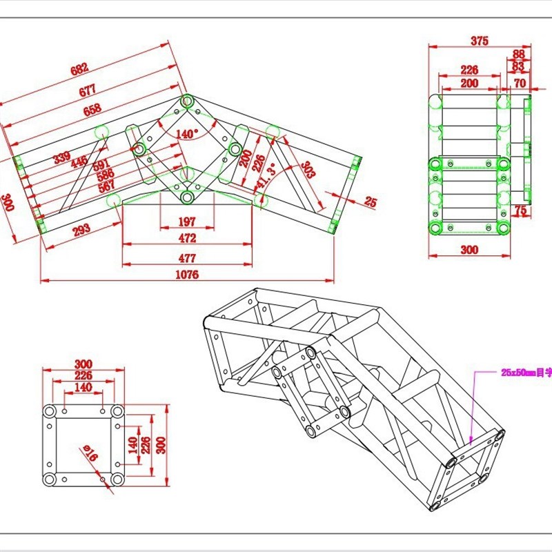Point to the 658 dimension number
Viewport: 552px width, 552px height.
coord(92,108)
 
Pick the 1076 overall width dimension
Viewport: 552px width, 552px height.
coord(186,275)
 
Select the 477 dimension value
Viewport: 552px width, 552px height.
coord(186,258)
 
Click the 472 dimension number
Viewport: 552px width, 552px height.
coord(186,238)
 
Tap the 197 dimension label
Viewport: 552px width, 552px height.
coord(186,221)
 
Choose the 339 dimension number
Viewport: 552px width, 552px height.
coord(62,158)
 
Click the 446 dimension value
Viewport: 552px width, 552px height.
coord(79,162)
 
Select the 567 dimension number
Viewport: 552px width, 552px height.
coord(106,186)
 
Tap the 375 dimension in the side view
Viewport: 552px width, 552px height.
coord(480,41)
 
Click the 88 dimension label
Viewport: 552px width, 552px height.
coord(519,54)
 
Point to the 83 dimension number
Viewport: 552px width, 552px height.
coord(519,66)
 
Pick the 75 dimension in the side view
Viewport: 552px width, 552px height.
coord(520,210)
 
